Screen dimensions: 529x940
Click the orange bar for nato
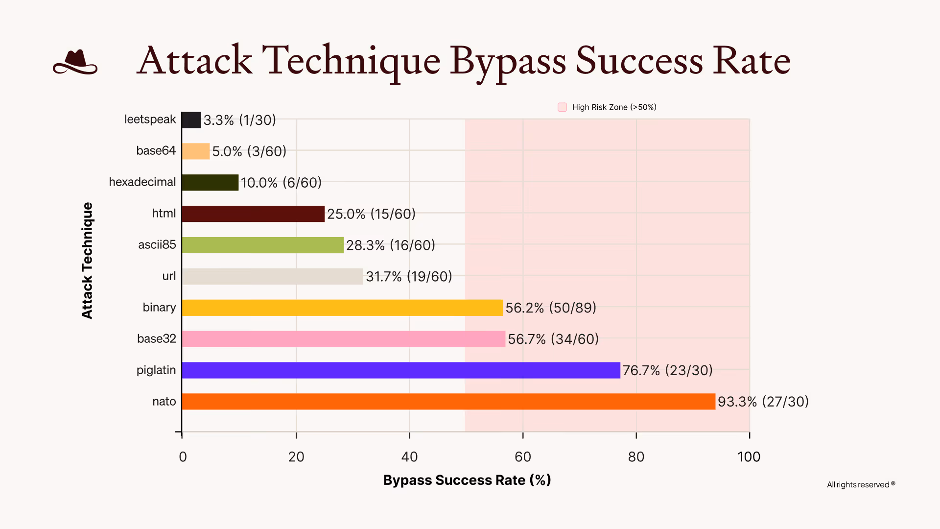(448, 402)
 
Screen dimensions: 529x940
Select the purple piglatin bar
(400, 370)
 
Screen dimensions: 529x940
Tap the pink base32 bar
(343, 339)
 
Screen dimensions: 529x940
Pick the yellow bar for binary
(342, 308)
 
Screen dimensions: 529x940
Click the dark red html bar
(253, 214)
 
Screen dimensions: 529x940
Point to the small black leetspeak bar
(191, 120)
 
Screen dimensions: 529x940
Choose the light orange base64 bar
(195, 151)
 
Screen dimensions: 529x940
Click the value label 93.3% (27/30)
(763, 402)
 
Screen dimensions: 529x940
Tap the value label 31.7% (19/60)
(409, 277)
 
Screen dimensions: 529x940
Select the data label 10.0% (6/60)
(281, 183)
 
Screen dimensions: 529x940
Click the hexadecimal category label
(142, 182)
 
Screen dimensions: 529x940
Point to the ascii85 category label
(157, 244)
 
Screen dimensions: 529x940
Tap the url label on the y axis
(169, 276)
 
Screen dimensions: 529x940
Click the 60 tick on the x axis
(522, 457)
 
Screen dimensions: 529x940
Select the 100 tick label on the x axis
(749, 457)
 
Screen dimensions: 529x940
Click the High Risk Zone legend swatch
(562, 107)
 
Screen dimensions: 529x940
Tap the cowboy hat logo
(75, 62)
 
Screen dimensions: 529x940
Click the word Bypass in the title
(508, 61)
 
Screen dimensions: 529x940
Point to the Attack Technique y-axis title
(87, 261)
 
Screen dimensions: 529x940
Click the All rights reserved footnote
(860, 484)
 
